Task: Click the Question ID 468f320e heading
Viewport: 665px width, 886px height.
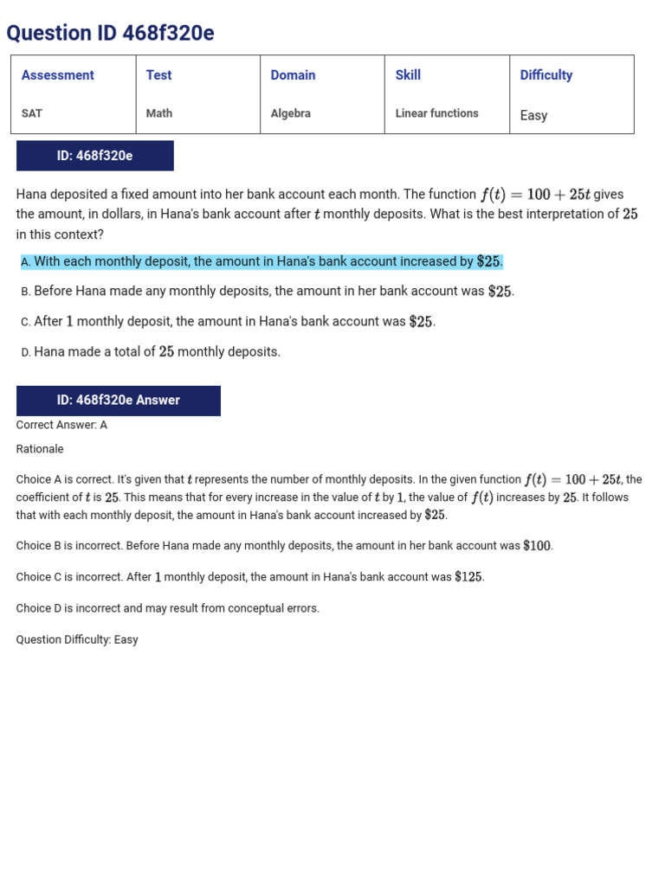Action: (110, 33)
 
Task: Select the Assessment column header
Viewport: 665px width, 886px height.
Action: (57, 75)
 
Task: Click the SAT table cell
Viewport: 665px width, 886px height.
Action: (32, 113)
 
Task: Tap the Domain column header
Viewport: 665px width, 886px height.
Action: (293, 75)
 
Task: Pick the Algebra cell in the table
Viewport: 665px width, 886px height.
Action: (290, 113)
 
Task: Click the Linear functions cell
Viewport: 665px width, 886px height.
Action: (436, 113)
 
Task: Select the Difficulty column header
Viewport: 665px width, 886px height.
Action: (546, 75)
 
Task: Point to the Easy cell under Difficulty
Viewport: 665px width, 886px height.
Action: (533, 115)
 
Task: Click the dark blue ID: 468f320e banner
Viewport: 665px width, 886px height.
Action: (94, 156)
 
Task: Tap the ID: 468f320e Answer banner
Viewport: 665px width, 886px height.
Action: (118, 400)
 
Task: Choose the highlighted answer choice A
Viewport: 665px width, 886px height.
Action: (261, 261)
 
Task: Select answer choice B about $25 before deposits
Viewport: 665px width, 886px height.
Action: (268, 292)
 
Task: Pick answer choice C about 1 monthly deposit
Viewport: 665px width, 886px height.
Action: (228, 322)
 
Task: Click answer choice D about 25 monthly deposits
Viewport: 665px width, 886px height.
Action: (151, 352)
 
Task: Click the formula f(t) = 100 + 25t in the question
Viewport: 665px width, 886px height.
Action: (534, 195)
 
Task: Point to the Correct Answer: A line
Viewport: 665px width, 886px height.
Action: (61, 425)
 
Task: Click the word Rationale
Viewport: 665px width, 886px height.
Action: (40, 449)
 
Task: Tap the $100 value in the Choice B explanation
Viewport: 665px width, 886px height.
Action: (537, 546)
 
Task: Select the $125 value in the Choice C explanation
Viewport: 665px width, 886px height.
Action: (468, 577)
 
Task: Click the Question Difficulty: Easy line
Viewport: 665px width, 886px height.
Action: (77, 639)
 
